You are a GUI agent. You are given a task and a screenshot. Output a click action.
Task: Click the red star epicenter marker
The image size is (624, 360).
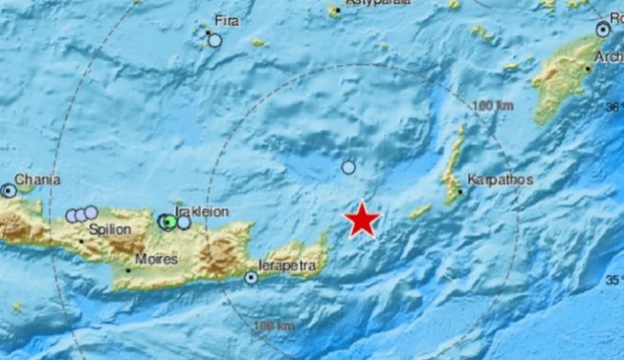pos(363,220)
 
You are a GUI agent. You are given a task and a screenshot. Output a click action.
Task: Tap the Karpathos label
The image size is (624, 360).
pos(499,180)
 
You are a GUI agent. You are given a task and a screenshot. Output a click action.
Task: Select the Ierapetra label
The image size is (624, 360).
pos(287,266)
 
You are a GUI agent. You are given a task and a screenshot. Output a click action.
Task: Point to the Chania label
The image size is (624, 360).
pos(37,180)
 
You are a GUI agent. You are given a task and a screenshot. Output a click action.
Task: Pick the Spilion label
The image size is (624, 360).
pos(110,229)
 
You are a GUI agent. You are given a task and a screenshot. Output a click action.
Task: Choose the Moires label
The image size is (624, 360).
pos(157,259)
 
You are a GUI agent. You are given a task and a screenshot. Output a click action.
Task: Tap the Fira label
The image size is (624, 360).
pos(227,22)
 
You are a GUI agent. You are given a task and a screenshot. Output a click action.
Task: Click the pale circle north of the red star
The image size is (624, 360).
pos(349,167)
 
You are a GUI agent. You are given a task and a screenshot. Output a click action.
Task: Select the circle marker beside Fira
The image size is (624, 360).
pos(215,40)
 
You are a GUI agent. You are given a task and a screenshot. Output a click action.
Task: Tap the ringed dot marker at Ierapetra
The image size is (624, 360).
pos(251,278)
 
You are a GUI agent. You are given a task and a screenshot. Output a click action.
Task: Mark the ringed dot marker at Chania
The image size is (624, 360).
pos(8,190)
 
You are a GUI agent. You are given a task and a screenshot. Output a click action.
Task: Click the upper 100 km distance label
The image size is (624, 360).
pos(492,106)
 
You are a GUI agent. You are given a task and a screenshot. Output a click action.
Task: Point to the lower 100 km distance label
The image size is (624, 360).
pos(274,326)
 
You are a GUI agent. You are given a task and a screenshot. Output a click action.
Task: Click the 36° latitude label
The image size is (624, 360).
pos(614,108)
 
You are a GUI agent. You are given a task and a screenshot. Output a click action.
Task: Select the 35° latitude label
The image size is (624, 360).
pos(614,280)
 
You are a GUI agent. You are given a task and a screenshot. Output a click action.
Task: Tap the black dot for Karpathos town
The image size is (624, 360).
pos(460,192)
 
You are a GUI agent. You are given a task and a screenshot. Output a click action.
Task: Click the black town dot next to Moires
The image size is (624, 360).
pos(128,270)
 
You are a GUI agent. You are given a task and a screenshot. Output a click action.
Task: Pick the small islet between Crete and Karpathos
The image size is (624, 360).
pos(419,212)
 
